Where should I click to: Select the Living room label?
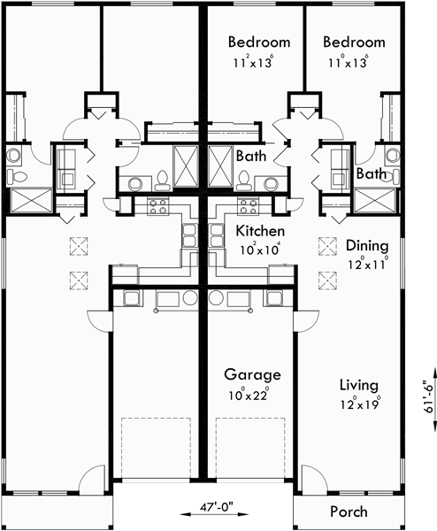point(359,385)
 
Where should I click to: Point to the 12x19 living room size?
point(359,404)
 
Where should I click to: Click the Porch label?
point(348,512)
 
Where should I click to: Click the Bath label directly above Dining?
point(371,174)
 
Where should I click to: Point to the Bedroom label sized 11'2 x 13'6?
point(259,42)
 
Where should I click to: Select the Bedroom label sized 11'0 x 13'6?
point(354,42)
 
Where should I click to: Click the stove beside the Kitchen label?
point(247,207)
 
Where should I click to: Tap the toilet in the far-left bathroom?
point(17,158)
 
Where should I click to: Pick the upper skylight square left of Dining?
point(326,243)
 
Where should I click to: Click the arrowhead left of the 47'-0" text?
point(184,511)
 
